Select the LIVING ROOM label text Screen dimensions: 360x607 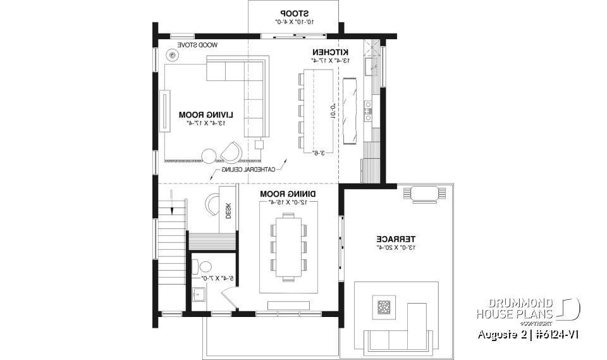tap(206, 115)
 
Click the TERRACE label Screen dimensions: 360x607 tap(396, 239)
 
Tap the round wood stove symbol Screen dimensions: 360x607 tap(173, 56)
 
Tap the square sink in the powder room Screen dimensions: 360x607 tap(198, 294)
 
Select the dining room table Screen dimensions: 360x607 tap(289, 245)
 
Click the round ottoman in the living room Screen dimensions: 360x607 tap(209, 155)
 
